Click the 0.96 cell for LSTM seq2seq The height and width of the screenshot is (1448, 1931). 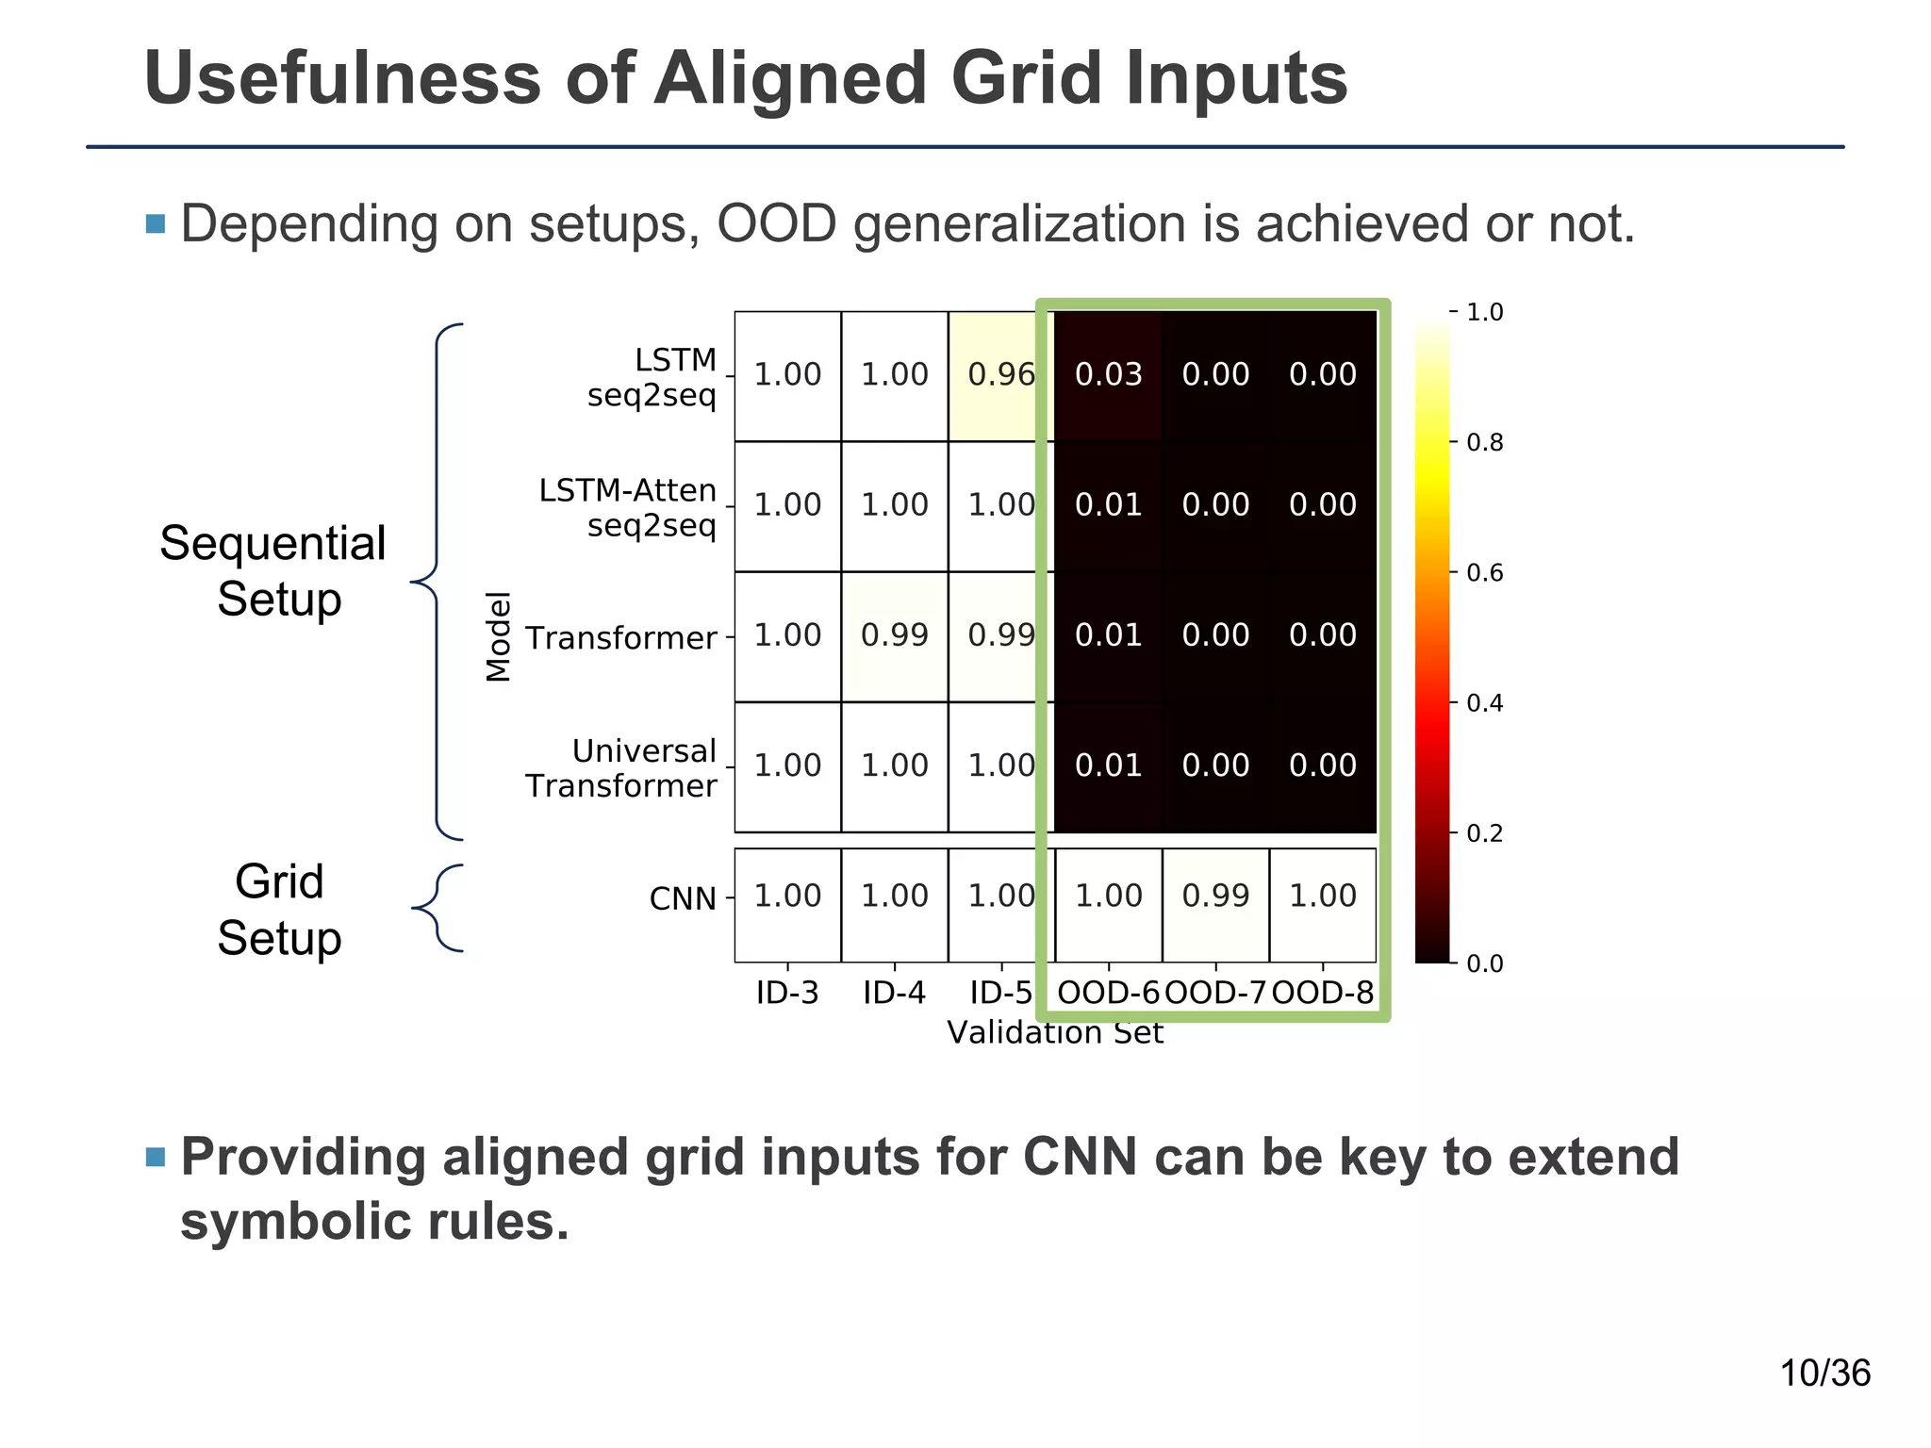pos(1000,375)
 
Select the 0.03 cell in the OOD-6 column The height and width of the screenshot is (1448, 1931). pos(1108,375)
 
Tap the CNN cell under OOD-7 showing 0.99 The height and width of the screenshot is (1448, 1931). pos(1215,896)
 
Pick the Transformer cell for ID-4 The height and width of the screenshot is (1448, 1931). pos(894,635)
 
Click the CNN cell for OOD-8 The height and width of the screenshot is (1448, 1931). pos(1322,896)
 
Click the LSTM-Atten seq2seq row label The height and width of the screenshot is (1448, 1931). pos(627,507)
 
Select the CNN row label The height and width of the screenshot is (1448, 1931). pos(682,899)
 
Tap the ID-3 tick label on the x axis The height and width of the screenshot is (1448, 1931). pos(787,993)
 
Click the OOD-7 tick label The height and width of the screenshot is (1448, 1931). pos(1215,993)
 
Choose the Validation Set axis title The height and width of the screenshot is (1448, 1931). pos(1054,1033)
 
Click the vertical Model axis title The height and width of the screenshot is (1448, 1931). pos(498,636)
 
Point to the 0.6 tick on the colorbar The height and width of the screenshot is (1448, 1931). pos(1484,573)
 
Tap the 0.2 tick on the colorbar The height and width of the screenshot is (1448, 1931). pos(1484,833)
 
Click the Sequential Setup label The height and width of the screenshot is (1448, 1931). pos(273,571)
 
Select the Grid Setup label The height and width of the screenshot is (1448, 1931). pos(279,910)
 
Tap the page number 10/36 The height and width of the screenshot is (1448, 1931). pos(1824,1374)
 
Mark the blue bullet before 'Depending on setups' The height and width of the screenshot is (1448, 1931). pos(156,224)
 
